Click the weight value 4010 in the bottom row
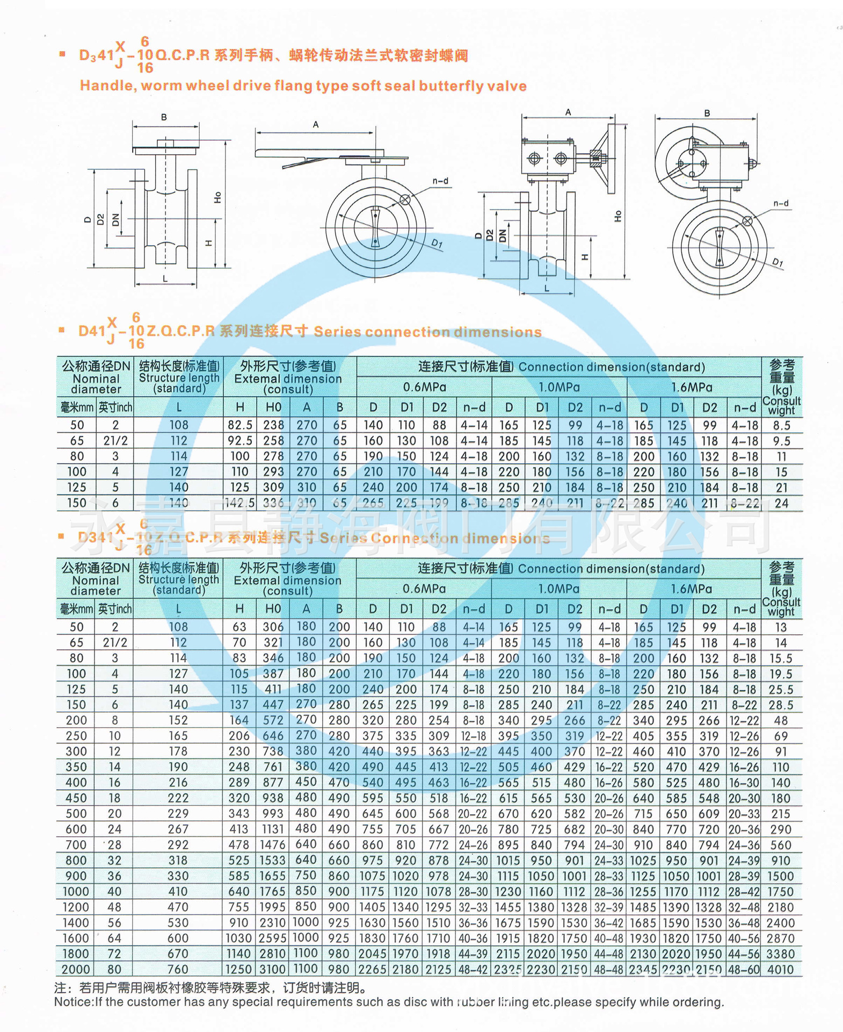point(780,970)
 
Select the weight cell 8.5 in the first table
point(781,425)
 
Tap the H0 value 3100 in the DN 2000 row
point(273,970)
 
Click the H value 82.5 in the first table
point(239,425)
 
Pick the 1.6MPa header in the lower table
point(691,589)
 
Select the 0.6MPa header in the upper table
point(424,387)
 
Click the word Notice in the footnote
point(74,1002)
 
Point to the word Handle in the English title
point(105,86)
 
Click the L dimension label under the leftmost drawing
point(165,279)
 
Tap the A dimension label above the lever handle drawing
point(316,125)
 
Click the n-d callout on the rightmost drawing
point(781,203)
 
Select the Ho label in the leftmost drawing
point(217,197)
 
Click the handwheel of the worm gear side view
point(611,158)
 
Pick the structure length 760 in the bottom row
point(178,970)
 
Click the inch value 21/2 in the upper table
point(115,441)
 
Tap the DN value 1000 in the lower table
point(76,891)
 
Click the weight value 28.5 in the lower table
point(780,705)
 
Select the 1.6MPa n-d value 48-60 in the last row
point(744,970)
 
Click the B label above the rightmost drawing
point(707,113)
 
